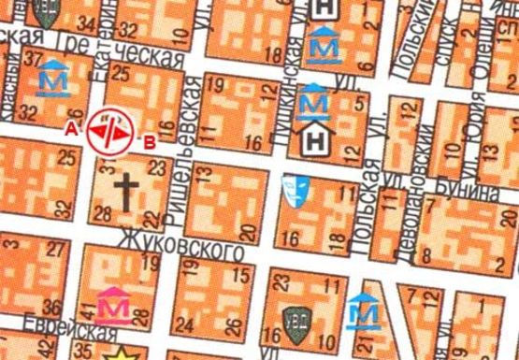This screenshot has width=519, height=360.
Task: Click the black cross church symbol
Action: coord(126,193)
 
